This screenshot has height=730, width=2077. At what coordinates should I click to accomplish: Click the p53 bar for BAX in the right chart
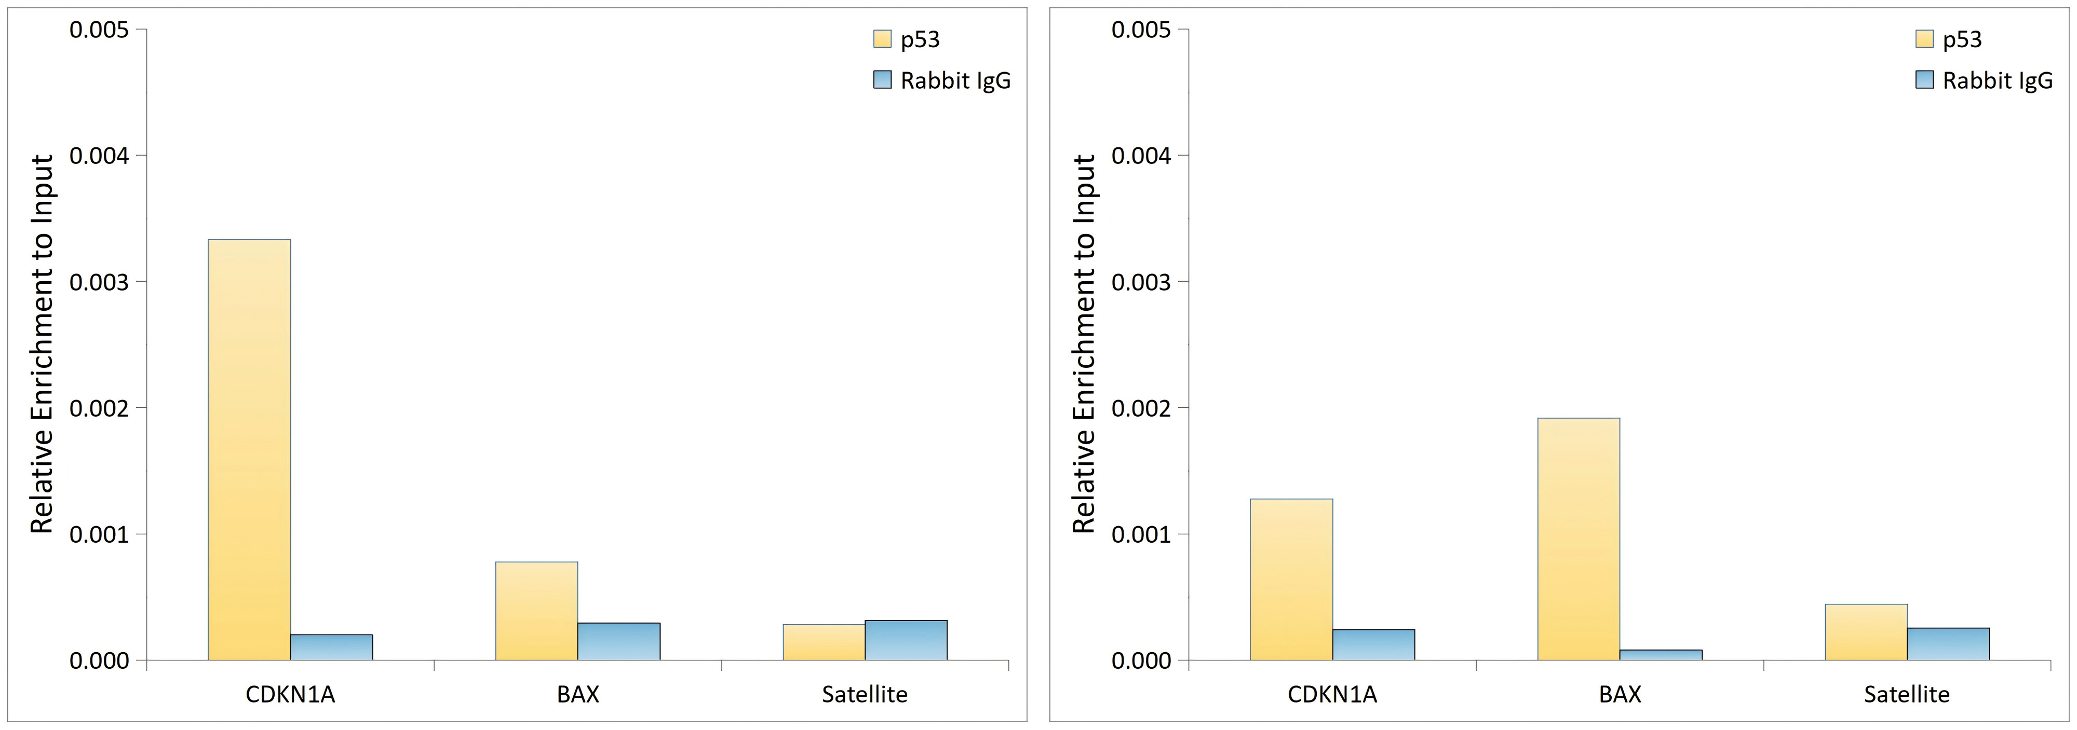(1578, 539)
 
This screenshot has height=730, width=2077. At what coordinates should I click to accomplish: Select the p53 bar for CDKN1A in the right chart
(1291, 580)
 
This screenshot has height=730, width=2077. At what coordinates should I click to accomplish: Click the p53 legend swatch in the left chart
(882, 39)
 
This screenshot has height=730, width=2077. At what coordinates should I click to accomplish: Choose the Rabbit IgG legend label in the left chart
(955, 80)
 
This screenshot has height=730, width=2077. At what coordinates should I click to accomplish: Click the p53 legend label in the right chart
(1962, 39)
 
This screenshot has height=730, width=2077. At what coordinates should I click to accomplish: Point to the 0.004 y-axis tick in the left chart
(99, 156)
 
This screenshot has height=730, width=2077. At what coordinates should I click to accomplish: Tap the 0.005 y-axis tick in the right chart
(1141, 30)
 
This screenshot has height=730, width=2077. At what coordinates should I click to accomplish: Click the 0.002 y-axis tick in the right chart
(1141, 408)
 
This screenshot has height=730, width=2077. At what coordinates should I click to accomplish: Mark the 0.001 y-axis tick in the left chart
(99, 534)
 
